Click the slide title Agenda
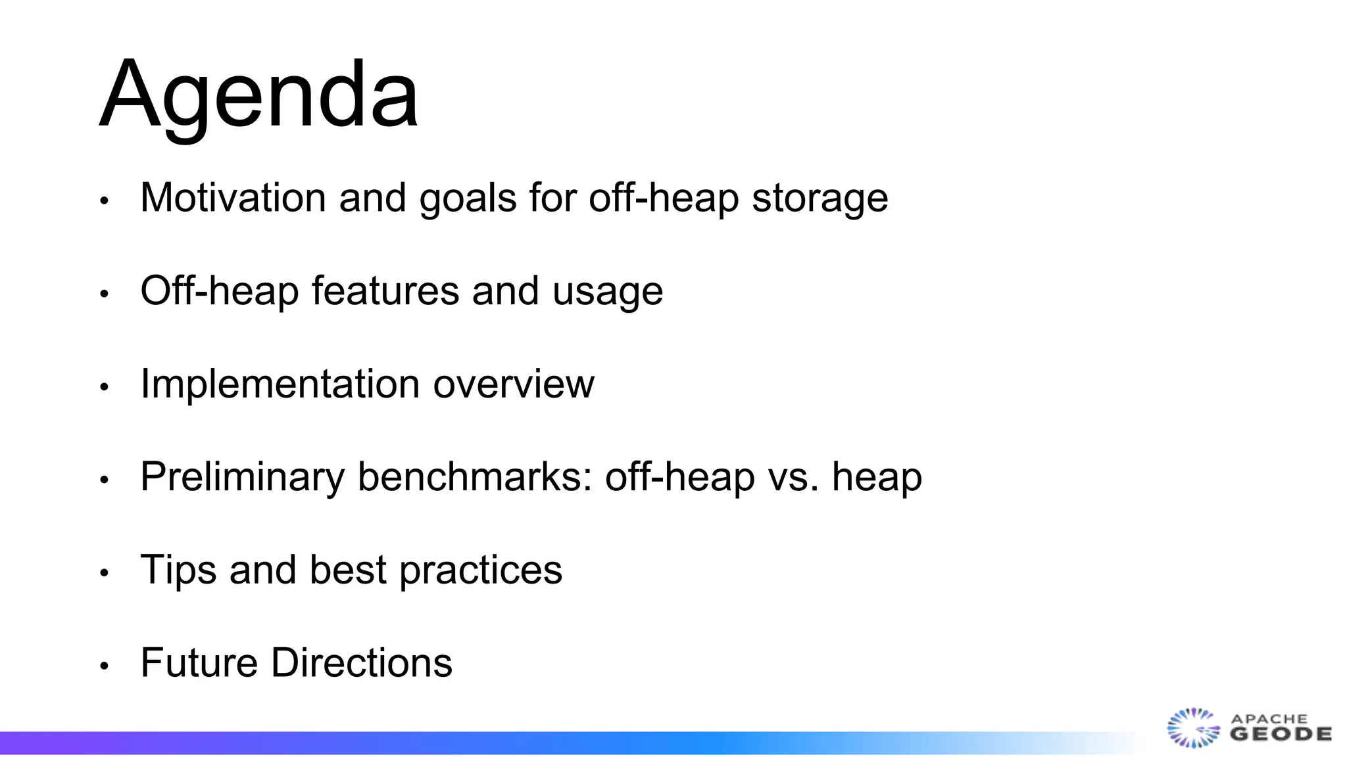[258, 95]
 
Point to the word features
[385, 290]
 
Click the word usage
[607, 292]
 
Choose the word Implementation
[280, 384]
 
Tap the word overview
[513, 384]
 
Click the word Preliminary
[242, 477]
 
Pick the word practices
[481, 570]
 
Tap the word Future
[199, 662]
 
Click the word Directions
[362, 662]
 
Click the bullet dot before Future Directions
[104, 666]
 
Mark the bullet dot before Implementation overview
[104, 388]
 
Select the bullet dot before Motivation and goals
[104, 201]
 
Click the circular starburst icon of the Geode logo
[1192, 727]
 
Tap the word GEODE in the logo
[1281, 734]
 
